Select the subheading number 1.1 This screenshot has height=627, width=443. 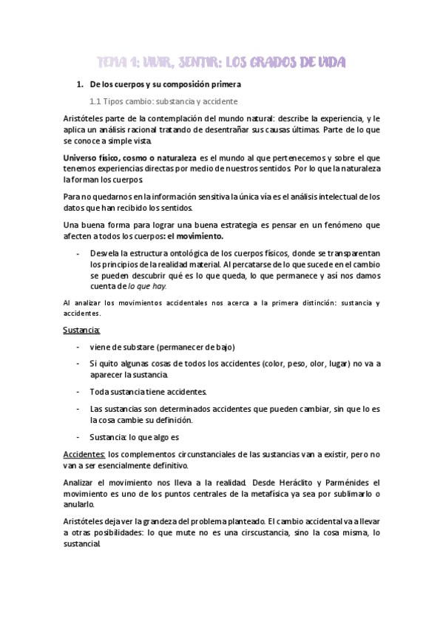[x=95, y=101]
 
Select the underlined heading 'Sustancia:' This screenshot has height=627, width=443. [x=83, y=330]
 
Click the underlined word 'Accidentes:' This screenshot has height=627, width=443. [x=85, y=453]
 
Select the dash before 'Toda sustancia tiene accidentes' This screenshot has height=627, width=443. [x=78, y=392]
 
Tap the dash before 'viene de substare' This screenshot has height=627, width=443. [x=78, y=348]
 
